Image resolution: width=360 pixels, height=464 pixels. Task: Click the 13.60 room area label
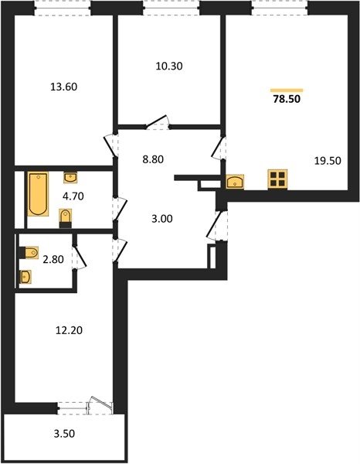(x=64, y=87)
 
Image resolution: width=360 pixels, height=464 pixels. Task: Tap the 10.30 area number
(x=169, y=66)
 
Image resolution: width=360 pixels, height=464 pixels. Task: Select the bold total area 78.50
(x=287, y=99)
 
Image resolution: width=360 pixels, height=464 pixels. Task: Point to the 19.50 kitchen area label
(x=328, y=161)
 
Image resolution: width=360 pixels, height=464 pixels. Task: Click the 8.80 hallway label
(x=153, y=159)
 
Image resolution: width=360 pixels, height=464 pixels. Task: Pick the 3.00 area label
(x=162, y=219)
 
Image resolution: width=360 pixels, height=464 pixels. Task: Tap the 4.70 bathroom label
(x=73, y=196)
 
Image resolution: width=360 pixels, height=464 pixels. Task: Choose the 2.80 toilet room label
(x=53, y=260)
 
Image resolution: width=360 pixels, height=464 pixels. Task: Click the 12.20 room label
(x=70, y=330)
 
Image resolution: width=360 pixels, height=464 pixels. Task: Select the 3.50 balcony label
(x=64, y=434)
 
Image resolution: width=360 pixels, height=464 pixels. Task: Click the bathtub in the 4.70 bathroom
(x=38, y=194)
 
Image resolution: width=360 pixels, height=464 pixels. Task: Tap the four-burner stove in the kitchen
(x=277, y=179)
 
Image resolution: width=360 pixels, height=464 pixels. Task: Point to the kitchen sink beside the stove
(x=235, y=182)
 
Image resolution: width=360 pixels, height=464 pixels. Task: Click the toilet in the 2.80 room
(x=29, y=253)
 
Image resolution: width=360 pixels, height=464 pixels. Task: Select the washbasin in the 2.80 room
(x=25, y=277)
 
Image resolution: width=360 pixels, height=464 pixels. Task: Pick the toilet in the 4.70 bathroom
(x=66, y=218)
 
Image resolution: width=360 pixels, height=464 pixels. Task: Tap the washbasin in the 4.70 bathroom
(x=70, y=178)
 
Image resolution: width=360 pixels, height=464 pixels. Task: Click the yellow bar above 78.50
(x=287, y=90)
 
